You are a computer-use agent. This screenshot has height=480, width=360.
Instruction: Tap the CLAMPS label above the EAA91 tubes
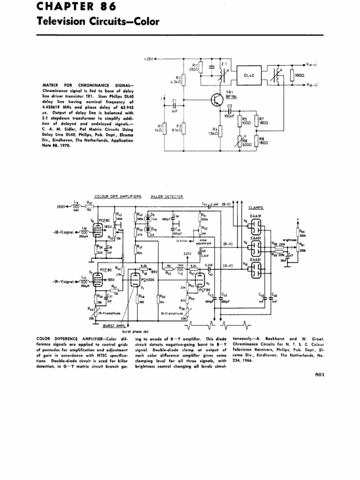[256, 207]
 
